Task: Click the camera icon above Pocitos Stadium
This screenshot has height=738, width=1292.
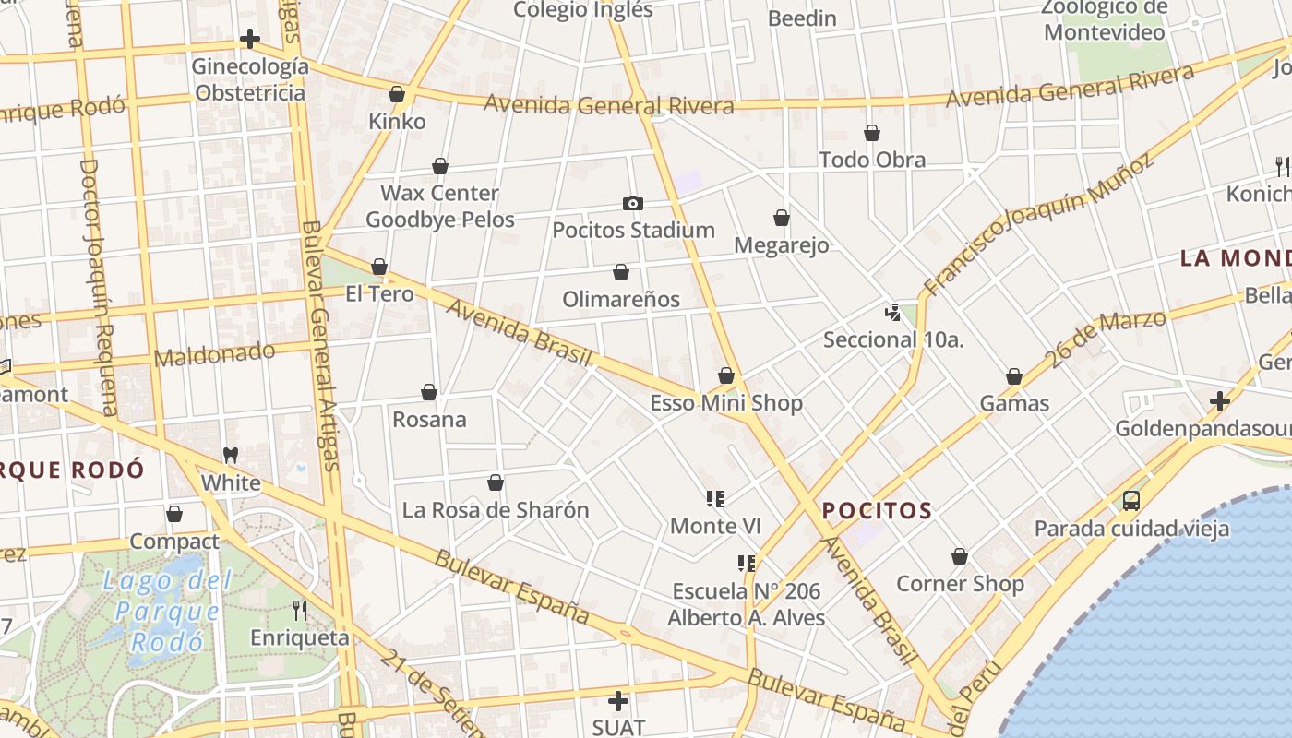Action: click(x=632, y=203)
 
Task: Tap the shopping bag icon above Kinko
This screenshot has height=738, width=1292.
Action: click(x=397, y=94)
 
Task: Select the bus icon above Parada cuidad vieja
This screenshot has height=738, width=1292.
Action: click(x=1130, y=501)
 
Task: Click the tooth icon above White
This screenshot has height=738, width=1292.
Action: click(x=231, y=456)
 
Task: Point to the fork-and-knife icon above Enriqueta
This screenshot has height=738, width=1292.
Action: click(x=300, y=610)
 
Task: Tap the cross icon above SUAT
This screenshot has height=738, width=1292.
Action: click(x=618, y=700)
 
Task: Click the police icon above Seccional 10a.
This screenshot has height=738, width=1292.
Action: click(x=892, y=312)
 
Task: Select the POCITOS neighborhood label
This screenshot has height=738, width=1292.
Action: click(x=877, y=510)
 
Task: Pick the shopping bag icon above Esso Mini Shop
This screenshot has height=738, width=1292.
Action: click(x=726, y=375)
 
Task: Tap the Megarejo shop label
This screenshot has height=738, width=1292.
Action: click(x=781, y=245)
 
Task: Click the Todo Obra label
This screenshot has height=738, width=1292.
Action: click(x=872, y=160)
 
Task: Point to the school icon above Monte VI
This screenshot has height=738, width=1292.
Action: click(x=715, y=499)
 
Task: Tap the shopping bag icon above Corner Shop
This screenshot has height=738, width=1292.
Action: click(x=960, y=556)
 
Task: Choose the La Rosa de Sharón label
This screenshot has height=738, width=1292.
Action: click(x=496, y=510)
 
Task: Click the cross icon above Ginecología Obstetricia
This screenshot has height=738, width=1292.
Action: click(x=249, y=39)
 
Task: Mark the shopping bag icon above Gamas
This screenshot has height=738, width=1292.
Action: click(x=1014, y=376)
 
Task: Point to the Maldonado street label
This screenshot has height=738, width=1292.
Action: click(x=214, y=354)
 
